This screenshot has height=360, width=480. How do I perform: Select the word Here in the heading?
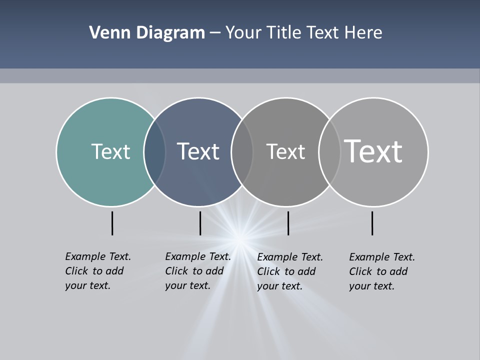pyautogui.click(x=363, y=33)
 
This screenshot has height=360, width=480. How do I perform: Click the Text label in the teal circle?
pyautogui.click(x=110, y=151)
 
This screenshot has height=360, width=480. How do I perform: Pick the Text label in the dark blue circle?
pyautogui.click(x=198, y=151)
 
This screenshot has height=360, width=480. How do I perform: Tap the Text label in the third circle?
pyautogui.click(x=285, y=151)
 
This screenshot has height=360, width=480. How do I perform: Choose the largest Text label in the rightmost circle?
pyautogui.click(x=373, y=151)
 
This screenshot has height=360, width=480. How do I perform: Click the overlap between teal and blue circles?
pyautogui.click(x=154, y=152)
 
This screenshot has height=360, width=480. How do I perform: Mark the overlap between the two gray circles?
pyautogui.click(x=329, y=152)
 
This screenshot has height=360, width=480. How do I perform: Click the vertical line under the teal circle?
pyautogui.click(x=112, y=223)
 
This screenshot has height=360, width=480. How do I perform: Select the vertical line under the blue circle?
pyautogui.click(x=200, y=223)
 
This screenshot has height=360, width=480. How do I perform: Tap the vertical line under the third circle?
pyautogui.click(x=288, y=223)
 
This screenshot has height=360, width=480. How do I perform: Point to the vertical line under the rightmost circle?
pyautogui.click(x=372, y=223)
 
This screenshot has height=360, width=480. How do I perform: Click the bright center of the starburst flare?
pyautogui.click(x=240, y=240)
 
